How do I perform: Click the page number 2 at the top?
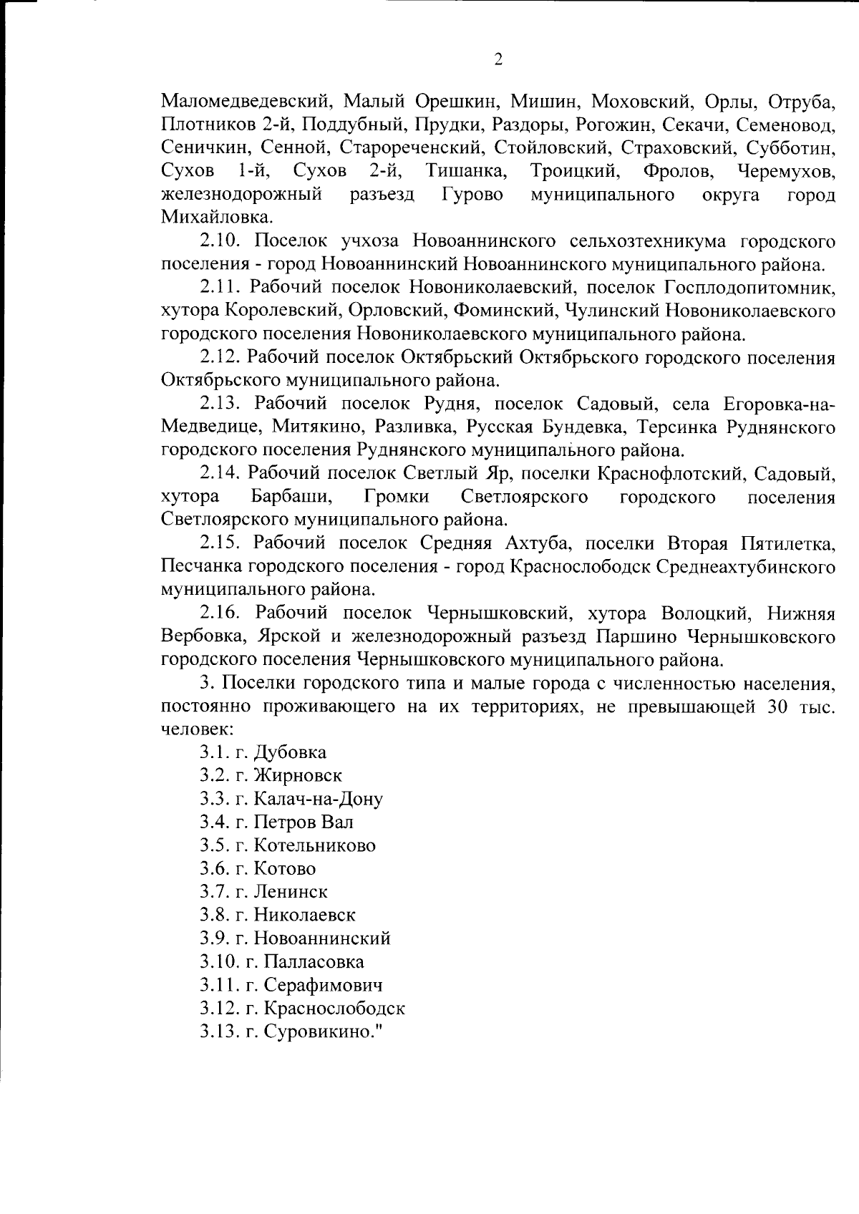click(498, 59)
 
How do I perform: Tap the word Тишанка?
click(466, 171)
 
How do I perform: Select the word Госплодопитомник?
click(749, 288)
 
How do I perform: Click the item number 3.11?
click(219, 985)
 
